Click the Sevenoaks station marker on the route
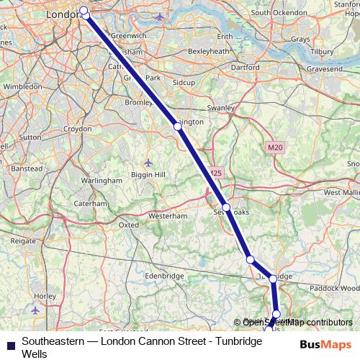pyautogui.click(x=226, y=207)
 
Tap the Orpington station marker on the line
pyautogui.click(x=178, y=126)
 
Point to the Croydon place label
pyautogui.click(x=78, y=128)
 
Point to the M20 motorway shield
pyautogui.click(x=271, y=148)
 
